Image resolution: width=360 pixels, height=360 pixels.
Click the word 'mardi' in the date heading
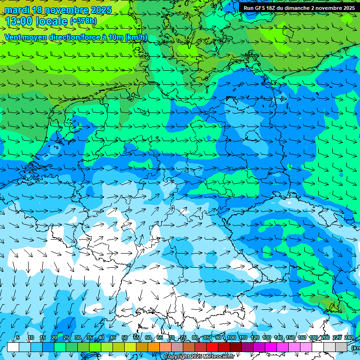pyautogui.click(x=17, y=10)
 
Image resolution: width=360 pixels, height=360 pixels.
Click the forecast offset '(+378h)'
pyautogui.click(x=83, y=21)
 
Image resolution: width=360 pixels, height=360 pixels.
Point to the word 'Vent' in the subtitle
pyautogui.click(x=13, y=37)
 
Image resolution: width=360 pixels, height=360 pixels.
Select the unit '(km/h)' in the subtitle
pyautogui.click(x=136, y=37)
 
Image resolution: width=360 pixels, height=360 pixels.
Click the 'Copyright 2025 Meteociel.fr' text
pyautogui.click(x=199, y=357)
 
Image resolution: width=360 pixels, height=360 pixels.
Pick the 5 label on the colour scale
pyautogui.click(x=18, y=338)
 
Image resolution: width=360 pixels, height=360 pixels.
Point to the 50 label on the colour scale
pyautogui.click(x=125, y=338)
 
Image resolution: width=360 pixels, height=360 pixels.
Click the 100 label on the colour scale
pyautogui.click(x=232, y=338)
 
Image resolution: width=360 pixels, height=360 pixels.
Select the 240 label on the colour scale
pyautogui.click(x=349, y=338)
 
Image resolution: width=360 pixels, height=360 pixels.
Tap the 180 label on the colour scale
pyautogui.click(x=314, y=338)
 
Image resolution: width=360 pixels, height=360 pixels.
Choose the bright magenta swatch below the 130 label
pyautogui.click(x=271, y=347)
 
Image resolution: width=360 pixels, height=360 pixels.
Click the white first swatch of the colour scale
pyautogui.click(x=13, y=347)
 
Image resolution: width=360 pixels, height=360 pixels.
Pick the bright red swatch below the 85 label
pyautogui.click(x=212, y=347)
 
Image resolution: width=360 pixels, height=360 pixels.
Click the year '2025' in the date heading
pyautogui.click(x=101, y=10)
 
